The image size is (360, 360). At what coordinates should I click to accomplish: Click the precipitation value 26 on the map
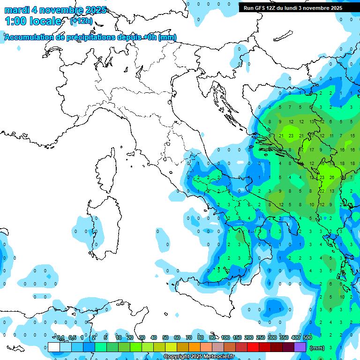(331, 177)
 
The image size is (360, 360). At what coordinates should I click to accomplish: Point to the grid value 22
(322, 191)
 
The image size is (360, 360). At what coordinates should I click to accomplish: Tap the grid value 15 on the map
(352, 136)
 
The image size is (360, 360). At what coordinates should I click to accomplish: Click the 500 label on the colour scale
(307, 337)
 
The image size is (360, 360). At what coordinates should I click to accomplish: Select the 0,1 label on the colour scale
(60, 337)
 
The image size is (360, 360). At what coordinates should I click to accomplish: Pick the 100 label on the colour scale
(225, 337)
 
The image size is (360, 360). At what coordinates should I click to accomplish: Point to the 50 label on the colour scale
(165, 337)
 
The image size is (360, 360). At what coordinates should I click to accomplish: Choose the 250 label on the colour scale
(260, 337)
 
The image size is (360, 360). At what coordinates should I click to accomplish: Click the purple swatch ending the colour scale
(300, 347)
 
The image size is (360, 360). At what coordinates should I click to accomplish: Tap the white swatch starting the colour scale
(54, 347)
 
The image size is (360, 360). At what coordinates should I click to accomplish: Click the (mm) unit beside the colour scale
(317, 348)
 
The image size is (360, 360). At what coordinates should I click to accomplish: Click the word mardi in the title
(18, 10)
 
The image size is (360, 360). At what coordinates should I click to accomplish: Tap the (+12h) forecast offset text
(81, 21)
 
